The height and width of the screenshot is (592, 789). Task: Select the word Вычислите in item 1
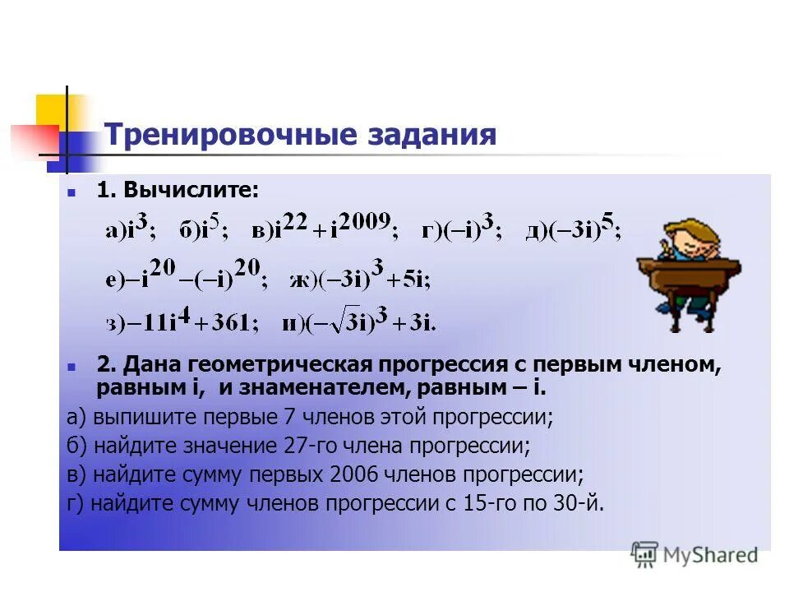190,191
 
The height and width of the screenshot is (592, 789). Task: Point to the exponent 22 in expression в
298,221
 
